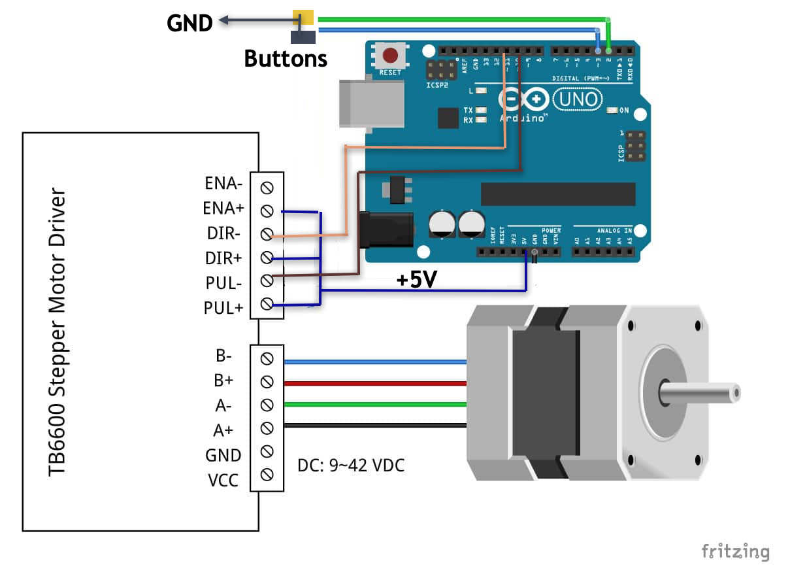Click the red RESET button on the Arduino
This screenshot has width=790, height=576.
[390, 55]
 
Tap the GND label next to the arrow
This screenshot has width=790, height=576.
[189, 23]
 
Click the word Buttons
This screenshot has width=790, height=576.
[286, 58]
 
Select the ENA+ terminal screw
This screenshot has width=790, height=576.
[267, 211]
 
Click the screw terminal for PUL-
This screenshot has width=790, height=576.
[267, 280]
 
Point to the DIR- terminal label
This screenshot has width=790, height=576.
[223, 233]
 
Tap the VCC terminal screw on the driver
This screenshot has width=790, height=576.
[267, 475]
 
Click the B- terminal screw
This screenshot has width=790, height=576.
[267, 358]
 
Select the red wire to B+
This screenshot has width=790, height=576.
[372, 382]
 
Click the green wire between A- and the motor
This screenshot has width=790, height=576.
[372, 405]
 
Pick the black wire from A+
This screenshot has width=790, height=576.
[372, 428]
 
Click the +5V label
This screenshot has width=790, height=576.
[416, 280]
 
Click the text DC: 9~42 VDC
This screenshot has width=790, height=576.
[351, 466]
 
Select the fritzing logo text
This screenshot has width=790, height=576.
[735, 551]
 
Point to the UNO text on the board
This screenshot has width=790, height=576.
[578, 99]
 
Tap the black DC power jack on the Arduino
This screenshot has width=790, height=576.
[387, 229]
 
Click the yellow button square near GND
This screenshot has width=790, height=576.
[303, 18]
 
